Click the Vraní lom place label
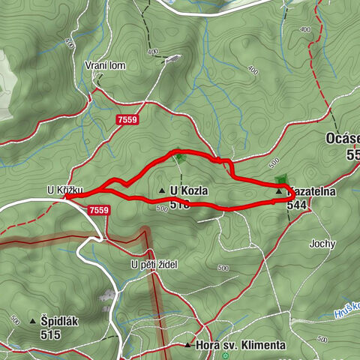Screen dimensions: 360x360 click(x=105, y=66)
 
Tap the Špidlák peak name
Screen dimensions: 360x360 click(x=62, y=320)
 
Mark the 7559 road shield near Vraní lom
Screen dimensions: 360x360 click(x=127, y=119)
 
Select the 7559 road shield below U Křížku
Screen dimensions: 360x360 click(x=99, y=211)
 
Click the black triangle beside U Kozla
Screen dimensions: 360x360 click(x=162, y=190)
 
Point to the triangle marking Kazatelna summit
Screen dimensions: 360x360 click(x=279, y=192)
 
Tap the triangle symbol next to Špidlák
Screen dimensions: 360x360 click(x=33, y=321)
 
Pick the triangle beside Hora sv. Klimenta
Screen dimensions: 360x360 click(x=187, y=345)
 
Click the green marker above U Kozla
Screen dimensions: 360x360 click(x=178, y=157)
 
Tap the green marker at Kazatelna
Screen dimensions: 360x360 click(x=281, y=181)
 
